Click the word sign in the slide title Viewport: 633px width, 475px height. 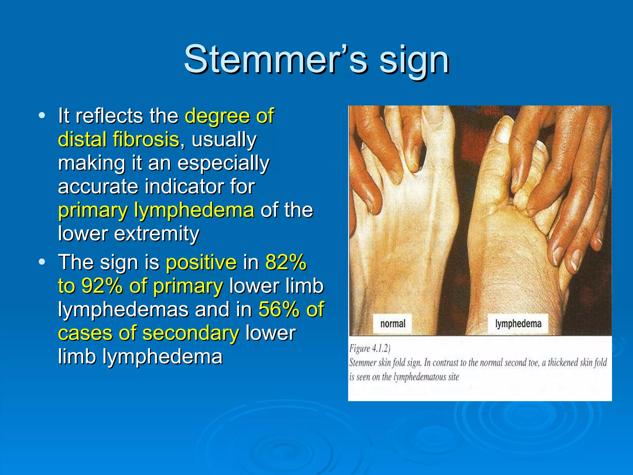tap(414, 60)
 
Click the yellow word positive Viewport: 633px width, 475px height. tap(201, 262)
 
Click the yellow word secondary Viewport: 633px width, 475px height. tap(191, 333)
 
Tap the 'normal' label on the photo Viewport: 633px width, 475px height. tap(393, 324)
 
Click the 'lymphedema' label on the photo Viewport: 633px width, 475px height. tap(518, 324)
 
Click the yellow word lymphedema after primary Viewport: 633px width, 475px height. tap(194, 210)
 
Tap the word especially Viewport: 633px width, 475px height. tap(223, 163)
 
